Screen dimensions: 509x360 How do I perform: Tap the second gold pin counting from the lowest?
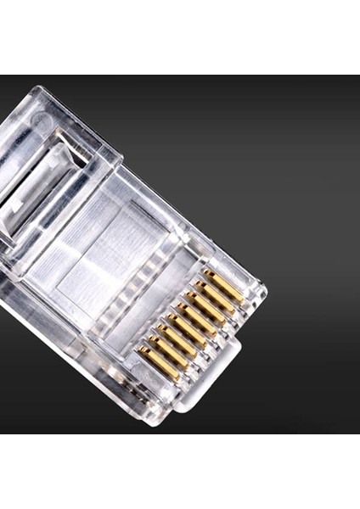tap(168, 350)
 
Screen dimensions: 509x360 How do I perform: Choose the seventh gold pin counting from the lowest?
tap(215, 297)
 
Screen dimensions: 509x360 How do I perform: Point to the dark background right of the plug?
tap(306, 212)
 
